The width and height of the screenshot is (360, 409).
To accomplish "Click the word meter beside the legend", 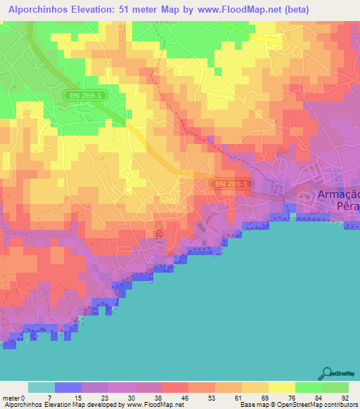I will [x=11, y=398].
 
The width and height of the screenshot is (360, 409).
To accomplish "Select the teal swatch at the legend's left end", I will [x=41, y=387].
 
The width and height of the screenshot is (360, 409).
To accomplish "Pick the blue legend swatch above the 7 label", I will [x=68, y=387].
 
